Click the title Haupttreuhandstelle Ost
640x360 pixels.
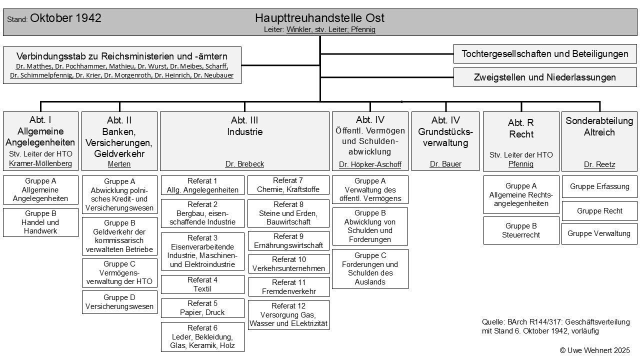pos(319,18)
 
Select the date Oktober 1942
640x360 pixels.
pos(65,18)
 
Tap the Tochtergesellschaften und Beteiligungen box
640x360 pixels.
pos(545,54)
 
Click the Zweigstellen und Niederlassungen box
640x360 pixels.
pos(545,77)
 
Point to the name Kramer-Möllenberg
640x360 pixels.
pos(40,163)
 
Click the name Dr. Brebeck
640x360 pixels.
pos(244,164)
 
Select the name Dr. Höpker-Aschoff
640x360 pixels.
pos(370,164)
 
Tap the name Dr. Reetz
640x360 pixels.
pos(599,164)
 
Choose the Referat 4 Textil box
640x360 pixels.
pos(202,284)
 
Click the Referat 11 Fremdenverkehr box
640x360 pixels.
pos(288,286)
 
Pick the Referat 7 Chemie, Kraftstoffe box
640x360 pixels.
pos(288,184)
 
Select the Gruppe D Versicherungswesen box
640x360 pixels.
pos(119,302)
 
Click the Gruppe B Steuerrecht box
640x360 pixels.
pos(521,230)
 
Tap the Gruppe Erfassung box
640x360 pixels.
pos(599,186)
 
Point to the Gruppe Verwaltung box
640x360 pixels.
pos(599,233)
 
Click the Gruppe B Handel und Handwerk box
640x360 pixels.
pos(40,222)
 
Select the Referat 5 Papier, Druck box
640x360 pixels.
pos(202,307)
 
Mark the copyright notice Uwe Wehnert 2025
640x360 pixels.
pos(594,350)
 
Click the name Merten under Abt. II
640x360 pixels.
pos(119,164)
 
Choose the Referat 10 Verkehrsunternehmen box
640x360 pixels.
pos(288,263)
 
